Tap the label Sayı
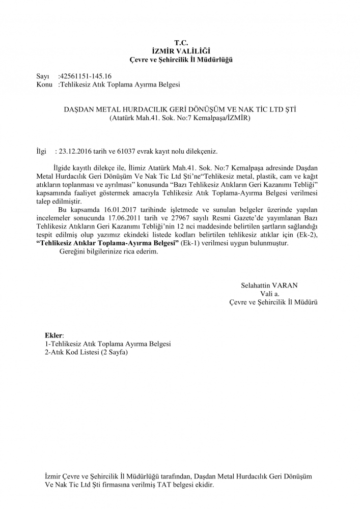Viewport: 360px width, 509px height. click(43, 76)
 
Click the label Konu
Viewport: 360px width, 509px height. click(45, 84)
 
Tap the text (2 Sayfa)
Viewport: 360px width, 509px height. click(115, 352)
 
